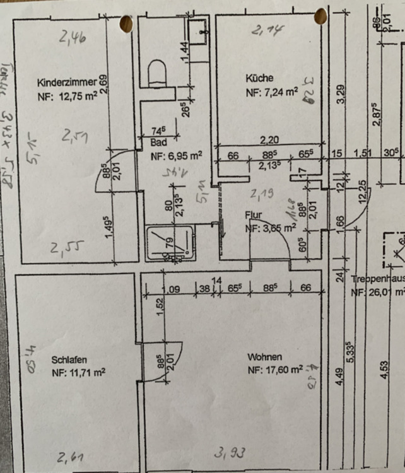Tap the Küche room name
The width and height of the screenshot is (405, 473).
point(259,78)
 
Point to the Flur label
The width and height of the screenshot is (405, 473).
point(253,215)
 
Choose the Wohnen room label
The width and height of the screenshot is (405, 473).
point(264,357)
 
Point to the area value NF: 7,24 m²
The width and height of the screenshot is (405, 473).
point(271,92)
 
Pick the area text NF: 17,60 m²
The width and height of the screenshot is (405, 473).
point(275,370)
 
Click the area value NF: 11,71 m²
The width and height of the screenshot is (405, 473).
point(78,373)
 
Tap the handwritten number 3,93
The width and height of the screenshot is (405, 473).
point(229,452)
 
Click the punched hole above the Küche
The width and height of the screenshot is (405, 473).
point(320,15)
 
